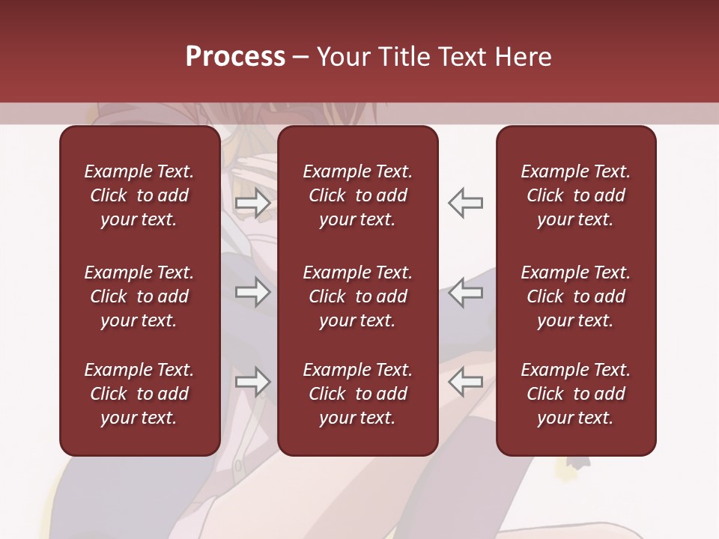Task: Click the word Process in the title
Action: tap(235, 57)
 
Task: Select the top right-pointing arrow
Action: tap(252, 203)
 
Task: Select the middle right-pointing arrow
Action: tap(252, 292)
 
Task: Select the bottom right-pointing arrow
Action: tap(252, 382)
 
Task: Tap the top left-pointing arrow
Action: tap(466, 203)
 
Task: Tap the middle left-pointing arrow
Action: tap(466, 292)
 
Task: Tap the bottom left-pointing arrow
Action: tap(466, 382)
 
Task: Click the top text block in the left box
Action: tap(139, 195)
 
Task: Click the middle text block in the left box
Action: tap(139, 296)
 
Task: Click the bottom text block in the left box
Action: tap(139, 394)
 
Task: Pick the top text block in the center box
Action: tap(358, 195)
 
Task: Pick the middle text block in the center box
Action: tap(358, 296)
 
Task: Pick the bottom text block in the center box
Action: tap(358, 394)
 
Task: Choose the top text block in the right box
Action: tap(576, 195)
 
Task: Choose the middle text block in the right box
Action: tap(576, 296)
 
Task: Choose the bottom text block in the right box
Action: tap(576, 394)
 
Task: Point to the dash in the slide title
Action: tap(301, 58)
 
